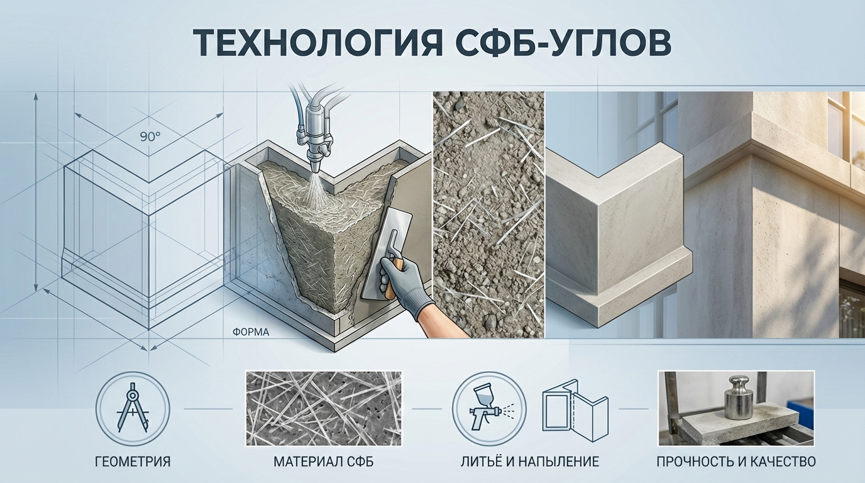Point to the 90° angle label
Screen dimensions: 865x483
150,136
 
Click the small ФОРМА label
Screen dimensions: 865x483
251,332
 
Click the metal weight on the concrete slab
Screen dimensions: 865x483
739,398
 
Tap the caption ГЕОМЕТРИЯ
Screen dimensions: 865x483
133,462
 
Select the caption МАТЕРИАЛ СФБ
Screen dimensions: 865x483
324,462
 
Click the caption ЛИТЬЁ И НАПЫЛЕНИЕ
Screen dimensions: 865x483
530,462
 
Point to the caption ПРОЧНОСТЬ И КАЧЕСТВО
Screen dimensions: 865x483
736,462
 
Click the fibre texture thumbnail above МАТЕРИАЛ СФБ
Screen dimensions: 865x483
324,408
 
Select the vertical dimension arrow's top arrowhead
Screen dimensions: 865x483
36,97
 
